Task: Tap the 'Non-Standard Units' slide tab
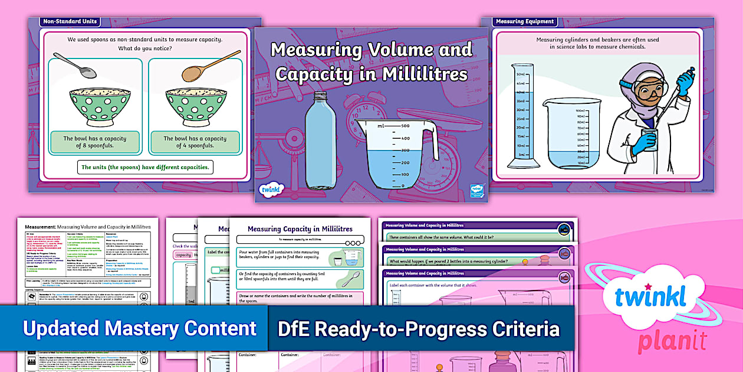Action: click(70, 22)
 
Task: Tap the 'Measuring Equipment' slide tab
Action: click(525, 22)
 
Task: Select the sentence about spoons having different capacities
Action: click(145, 167)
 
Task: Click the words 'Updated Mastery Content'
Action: click(139, 328)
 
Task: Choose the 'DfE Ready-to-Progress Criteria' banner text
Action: click(418, 328)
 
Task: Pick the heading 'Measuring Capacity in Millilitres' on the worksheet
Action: click(300, 229)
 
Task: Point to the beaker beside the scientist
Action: click(572, 133)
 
